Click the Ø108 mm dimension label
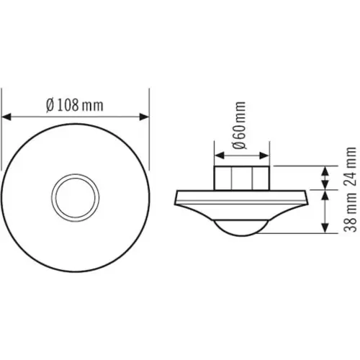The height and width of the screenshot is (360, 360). tap(73, 105)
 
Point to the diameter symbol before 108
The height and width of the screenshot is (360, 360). tap(49, 105)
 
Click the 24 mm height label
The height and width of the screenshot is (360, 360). tap(351, 166)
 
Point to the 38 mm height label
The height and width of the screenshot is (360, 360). tap(351, 211)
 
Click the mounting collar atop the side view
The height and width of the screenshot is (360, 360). tap(243, 177)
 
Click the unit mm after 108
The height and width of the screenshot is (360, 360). tap(91, 105)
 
